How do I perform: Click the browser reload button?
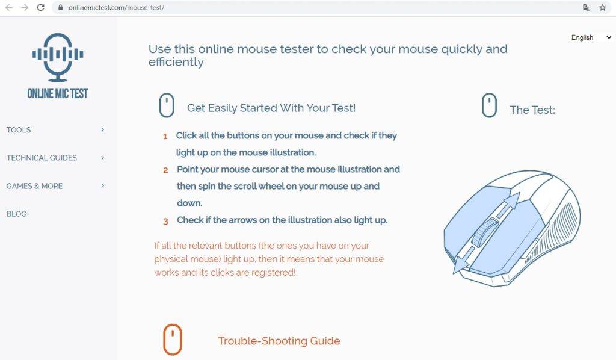40,7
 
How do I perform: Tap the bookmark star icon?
602,7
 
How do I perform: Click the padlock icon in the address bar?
60,7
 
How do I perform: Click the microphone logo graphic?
58,57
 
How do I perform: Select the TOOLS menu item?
19,129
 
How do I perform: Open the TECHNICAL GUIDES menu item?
42,158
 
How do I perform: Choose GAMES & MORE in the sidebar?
34,186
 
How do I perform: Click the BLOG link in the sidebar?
16,214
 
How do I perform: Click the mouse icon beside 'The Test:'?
489,105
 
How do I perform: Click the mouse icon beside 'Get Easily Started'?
167,105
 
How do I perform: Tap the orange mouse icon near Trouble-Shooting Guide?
173,340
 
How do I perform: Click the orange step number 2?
165,170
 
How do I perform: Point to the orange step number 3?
165,222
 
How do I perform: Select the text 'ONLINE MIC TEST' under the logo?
58,93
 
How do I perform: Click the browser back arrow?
9,7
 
